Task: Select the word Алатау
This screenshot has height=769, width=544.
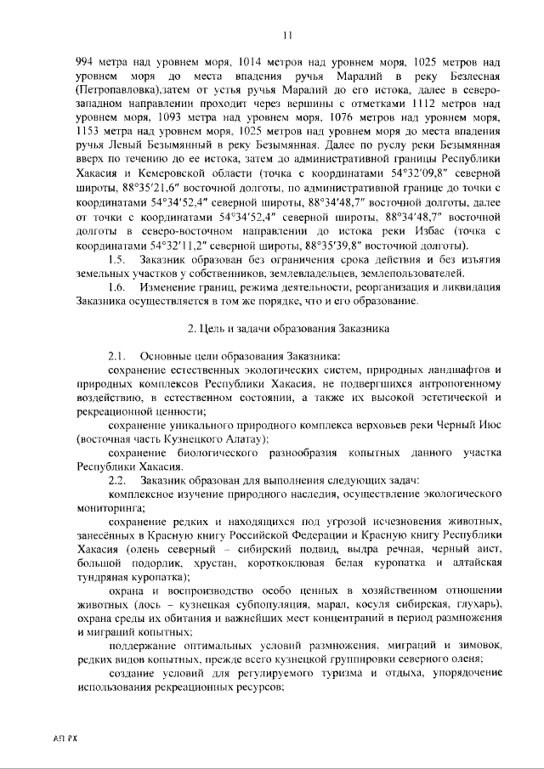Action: point(244,438)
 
